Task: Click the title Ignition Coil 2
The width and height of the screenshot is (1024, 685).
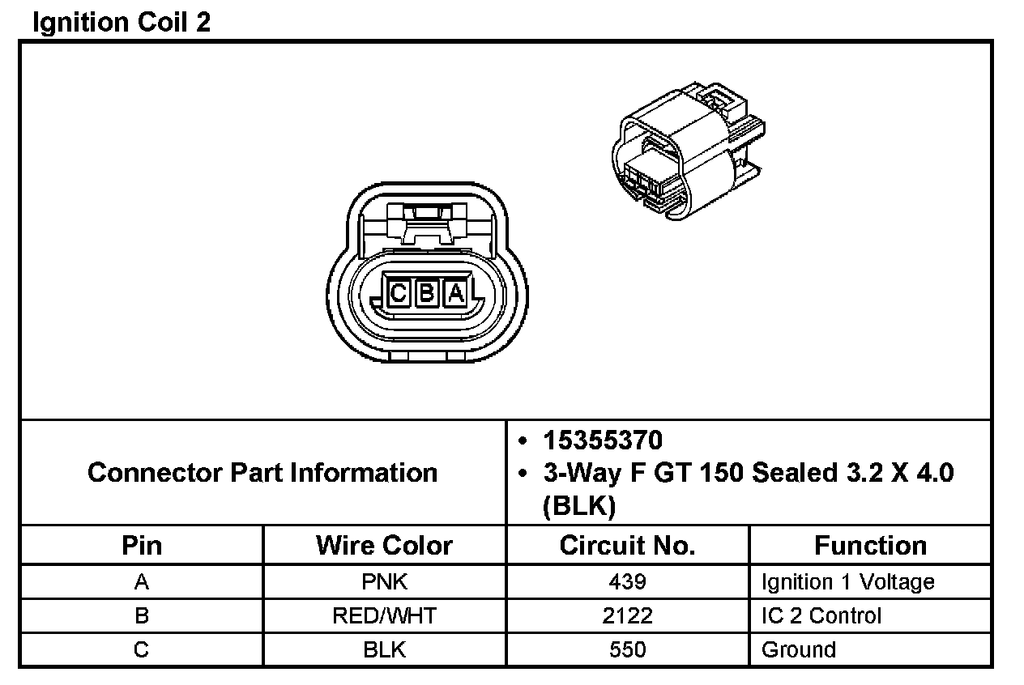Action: (122, 23)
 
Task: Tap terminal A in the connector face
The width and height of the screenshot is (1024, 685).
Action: (456, 293)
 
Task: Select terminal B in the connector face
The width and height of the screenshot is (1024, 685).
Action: (426, 293)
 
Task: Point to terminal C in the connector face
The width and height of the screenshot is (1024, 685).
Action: (398, 293)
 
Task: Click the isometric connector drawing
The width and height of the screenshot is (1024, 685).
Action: (688, 151)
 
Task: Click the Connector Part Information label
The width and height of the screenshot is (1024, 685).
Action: (262, 472)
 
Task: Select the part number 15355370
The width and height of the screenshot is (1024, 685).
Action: (603, 440)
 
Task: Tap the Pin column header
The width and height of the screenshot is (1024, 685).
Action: (142, 545)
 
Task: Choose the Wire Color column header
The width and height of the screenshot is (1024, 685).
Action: (384, 545)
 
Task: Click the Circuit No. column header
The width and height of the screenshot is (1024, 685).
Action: (627, 545)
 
